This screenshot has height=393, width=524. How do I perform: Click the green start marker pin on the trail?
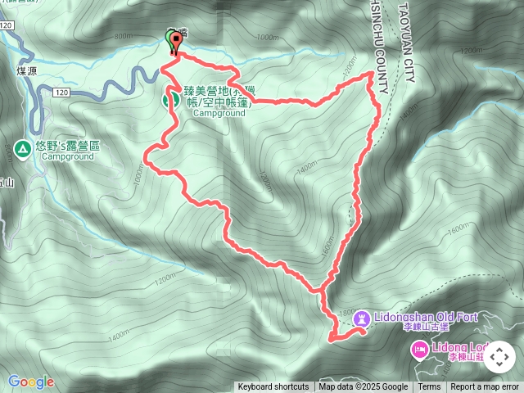pos(174,45)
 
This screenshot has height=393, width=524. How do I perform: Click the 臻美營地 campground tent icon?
pos(173,99)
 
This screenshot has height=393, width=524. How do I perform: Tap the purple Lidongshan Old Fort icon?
pos(360,322)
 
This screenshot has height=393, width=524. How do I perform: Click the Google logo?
pos(30,382)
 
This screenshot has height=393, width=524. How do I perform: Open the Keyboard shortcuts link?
pos(273,387)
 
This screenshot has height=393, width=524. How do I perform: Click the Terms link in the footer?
pos(429,387)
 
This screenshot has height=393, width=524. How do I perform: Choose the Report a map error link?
pos(485,387)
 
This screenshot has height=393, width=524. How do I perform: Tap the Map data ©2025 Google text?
pos(363,387)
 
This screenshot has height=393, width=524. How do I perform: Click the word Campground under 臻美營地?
pos(219,114)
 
